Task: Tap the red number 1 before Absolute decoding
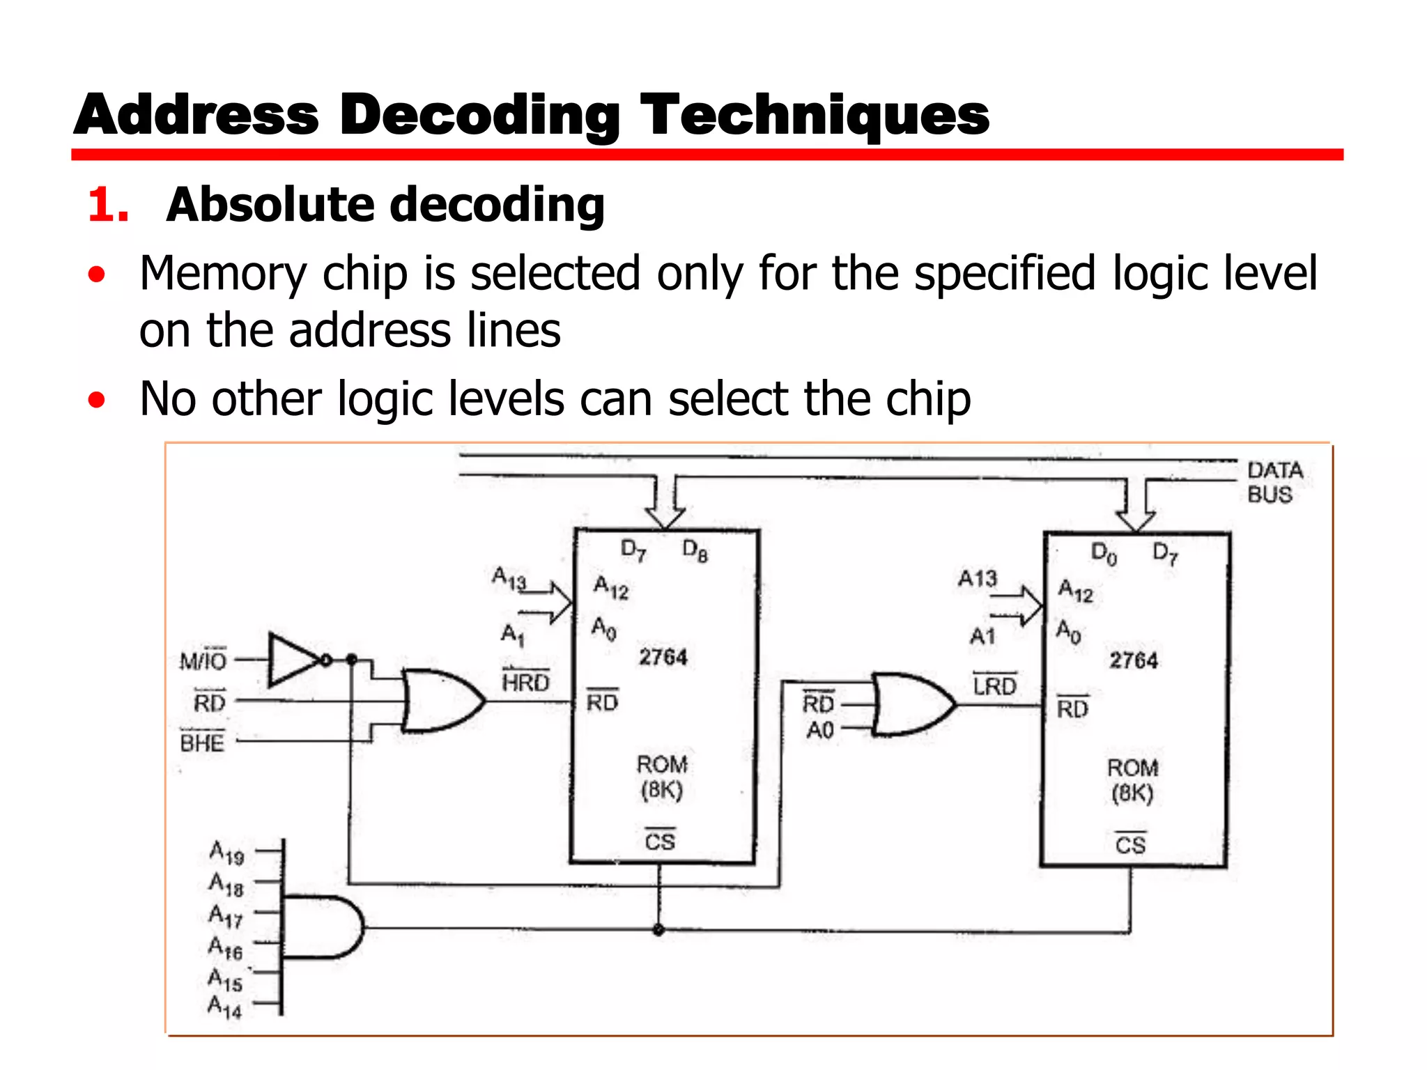pos(108,206)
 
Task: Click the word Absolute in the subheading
pos(268,205)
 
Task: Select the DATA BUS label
pos(1274,482)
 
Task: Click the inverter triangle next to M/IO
pos(294,659)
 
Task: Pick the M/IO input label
pos(203,660)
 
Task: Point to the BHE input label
pos(202,743)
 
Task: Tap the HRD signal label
pos(526,682)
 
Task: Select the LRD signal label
pos(995,685)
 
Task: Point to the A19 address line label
pos(227,853)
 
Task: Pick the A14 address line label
pos(225,1007)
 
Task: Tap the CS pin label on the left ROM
pos(660,841)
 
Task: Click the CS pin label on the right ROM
pos(1130,844)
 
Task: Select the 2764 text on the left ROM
pos(663,657)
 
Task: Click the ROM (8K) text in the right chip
pos(1133,780)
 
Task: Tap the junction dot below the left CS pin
pos(658,929)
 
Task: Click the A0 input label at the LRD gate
pos(820,730)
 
